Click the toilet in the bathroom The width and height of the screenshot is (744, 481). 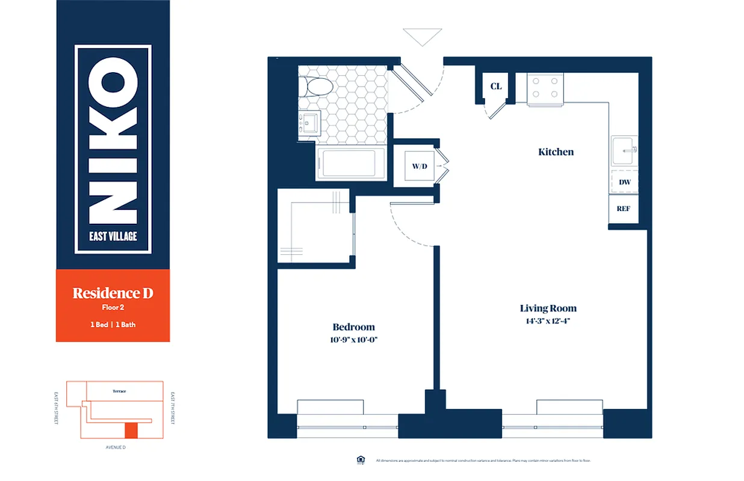[317, 88]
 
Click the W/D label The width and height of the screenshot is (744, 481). [419, 166]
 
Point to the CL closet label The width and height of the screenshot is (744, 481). [495, 87]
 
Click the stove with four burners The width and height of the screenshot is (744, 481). [545, 88]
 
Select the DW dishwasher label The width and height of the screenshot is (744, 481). [624, 182]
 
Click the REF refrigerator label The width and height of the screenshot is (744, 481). [623, 209]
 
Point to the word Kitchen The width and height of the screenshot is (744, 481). [556, 152]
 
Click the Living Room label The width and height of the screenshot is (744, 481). [548, 308]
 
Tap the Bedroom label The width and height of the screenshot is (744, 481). [353, 327]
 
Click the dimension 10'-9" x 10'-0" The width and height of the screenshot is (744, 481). [354, 340]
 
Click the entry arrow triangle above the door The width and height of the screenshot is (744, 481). [423, 36]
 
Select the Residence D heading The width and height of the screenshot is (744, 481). [113, 293]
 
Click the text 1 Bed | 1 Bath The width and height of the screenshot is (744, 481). [113, 325]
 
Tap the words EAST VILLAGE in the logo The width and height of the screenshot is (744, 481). [113, 236]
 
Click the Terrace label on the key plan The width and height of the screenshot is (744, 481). [119, 391]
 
